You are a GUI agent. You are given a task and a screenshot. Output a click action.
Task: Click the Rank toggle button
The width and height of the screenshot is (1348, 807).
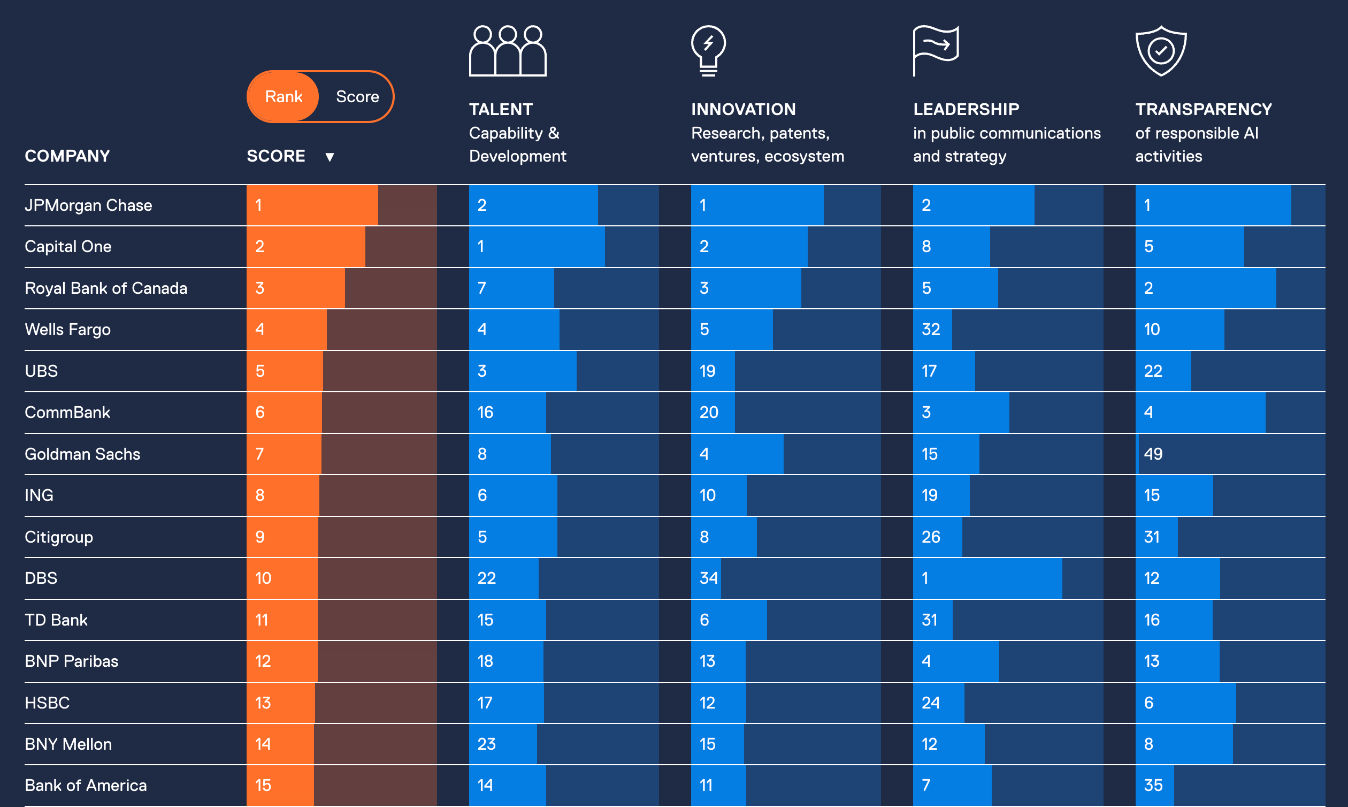283,97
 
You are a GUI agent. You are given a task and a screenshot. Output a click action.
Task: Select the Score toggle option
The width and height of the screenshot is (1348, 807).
357,97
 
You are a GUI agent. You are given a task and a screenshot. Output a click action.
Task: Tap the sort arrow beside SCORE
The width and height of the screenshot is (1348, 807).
330,157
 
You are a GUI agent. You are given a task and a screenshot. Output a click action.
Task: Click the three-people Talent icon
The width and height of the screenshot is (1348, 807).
508,51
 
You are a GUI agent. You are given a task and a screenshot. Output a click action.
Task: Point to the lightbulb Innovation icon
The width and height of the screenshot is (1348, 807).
708,51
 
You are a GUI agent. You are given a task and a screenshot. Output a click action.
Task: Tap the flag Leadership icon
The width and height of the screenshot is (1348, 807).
936,51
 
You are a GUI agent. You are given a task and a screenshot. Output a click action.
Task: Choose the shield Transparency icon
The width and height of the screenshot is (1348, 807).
1161,51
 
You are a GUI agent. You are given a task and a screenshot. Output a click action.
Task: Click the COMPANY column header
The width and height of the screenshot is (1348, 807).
67,156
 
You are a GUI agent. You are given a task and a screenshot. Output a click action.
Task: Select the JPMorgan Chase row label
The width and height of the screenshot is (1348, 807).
88,205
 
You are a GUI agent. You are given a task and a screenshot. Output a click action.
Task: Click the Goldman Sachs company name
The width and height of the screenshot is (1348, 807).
82,454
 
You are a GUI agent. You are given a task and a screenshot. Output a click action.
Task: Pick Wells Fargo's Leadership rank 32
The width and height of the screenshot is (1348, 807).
931,330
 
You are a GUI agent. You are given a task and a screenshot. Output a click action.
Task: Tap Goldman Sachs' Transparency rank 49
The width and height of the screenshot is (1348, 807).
1153,454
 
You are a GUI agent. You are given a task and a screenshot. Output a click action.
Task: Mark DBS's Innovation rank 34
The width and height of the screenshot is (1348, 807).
708,578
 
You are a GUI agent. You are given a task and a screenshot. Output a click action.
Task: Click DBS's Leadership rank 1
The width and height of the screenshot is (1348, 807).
925,578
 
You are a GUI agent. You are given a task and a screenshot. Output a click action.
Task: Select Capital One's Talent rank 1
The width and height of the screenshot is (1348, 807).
481,247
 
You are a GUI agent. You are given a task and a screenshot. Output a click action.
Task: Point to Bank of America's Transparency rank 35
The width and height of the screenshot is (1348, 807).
1153,785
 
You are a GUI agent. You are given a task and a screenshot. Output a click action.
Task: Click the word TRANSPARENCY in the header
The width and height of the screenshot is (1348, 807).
1204,109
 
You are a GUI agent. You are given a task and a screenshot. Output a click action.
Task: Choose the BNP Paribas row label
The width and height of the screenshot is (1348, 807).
71,661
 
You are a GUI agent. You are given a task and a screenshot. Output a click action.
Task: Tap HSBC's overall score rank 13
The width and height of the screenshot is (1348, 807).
263,703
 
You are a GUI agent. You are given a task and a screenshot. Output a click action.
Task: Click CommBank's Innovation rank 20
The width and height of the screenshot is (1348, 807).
708,413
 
